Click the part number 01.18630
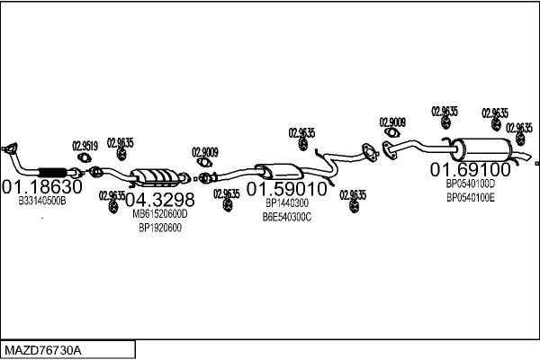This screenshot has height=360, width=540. pos(41,187)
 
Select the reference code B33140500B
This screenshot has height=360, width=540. pos(42,201)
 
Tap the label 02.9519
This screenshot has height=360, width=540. pos(85,145)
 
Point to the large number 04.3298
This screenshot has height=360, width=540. pos(159,199)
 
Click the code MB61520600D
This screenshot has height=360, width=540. pos(159,214)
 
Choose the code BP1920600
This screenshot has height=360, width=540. pos(159,228)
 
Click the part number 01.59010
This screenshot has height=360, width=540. pos(287,190)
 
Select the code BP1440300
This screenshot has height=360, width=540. pos(287,204)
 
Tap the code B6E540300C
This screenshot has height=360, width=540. pos(287,217)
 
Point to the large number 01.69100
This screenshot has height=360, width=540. pos(470,169)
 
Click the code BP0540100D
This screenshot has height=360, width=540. pos(470,184)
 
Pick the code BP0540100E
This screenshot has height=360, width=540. pos(470,197)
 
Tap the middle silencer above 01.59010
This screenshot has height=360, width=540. pos(278,171)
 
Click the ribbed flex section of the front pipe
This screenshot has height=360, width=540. pos(55,172)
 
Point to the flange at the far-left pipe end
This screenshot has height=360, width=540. pos(11,148)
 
